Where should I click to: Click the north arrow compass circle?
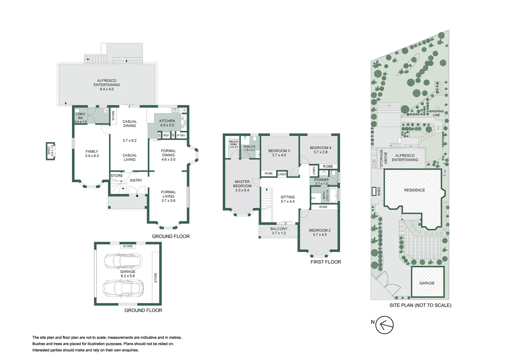[x=384, y=325]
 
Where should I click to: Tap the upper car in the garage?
[x=123, y=261]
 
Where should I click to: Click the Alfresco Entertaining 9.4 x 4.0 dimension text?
[x=107, y=89]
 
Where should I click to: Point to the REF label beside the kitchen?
[x=166, y=135]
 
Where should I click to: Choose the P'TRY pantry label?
[x=181, y=136]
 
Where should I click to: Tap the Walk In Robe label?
[x=234, y=143]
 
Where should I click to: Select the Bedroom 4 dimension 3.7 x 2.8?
[x=320, y=152]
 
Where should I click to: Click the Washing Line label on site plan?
[x=436, y=113]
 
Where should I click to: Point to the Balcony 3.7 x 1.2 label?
[x=279, y=231]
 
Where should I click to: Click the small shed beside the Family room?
[x=50, y=151]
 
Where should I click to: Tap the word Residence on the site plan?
[x=414, y=190]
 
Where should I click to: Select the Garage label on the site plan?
[x=427, y=283]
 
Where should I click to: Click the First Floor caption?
[x=326, y=262]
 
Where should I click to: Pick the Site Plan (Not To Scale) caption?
[x=420, y=305]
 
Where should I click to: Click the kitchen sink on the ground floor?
[x=176, y=111]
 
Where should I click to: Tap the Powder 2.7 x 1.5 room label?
[x=321, y=181]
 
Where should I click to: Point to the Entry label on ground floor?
[x=136, y=180]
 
